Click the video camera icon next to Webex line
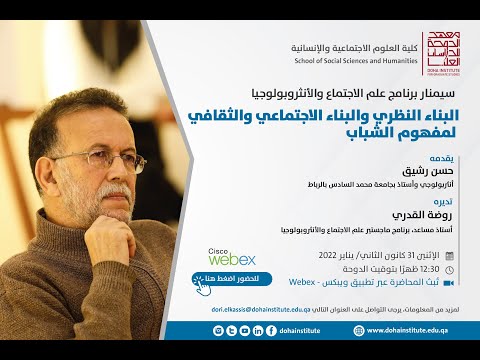(449, 284)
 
